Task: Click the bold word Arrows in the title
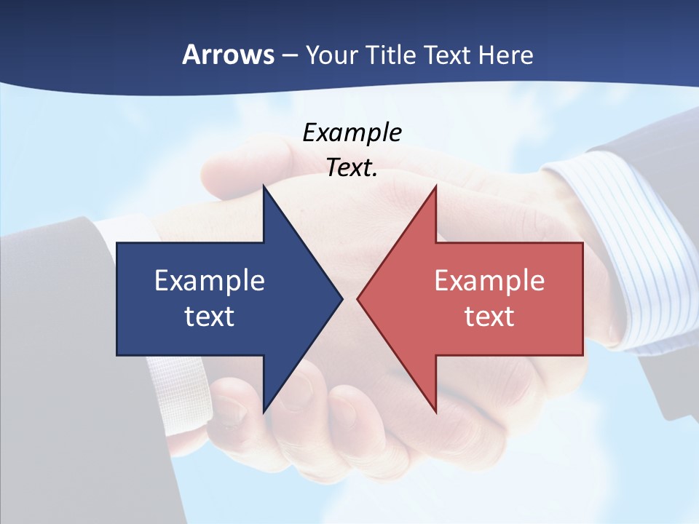[228, 55]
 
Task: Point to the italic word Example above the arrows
[352, 133]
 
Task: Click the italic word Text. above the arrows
[352, 168]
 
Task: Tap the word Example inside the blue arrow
[210, 281]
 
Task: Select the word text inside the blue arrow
[210, 316]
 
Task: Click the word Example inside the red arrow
[489, 281]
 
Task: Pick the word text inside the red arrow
[489, 316]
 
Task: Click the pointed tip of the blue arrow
[342, 298]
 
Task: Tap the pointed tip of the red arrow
[358, 298]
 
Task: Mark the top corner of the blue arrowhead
[264, 186]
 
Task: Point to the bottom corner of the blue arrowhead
[264, 412]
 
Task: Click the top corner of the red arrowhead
[435, 186]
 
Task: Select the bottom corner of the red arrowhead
[435, 412]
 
